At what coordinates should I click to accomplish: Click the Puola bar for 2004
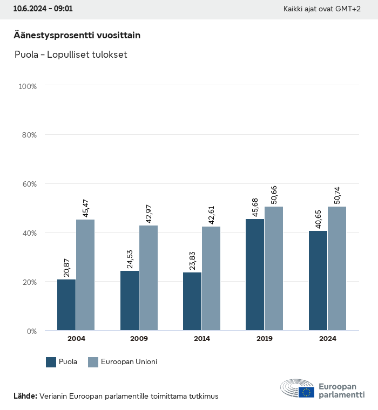click(66, 305)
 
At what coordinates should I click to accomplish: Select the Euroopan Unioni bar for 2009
click(148, 278)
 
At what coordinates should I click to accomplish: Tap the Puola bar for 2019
click(255, 275)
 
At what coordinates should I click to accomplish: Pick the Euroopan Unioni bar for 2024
click(337, 268)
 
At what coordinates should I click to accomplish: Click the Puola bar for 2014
click(192, 301)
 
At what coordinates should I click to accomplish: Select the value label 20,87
click(66, 266)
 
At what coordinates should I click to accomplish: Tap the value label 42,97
click(148, 212)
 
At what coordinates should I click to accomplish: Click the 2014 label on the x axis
click(202, 339)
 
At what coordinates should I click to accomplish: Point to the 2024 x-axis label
click(328, 339)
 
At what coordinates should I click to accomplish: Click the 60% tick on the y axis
click(28, 184)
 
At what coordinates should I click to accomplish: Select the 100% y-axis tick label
click(27, 86)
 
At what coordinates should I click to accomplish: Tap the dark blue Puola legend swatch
click(51, 362)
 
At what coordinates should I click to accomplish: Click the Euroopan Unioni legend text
click(129, 362)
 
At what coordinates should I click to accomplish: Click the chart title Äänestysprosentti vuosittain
click(77, 35)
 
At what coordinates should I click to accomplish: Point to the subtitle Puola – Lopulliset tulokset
click(70, 54)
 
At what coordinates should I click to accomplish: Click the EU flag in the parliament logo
click(306, 392)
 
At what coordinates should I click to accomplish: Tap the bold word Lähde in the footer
click(25, 396)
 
